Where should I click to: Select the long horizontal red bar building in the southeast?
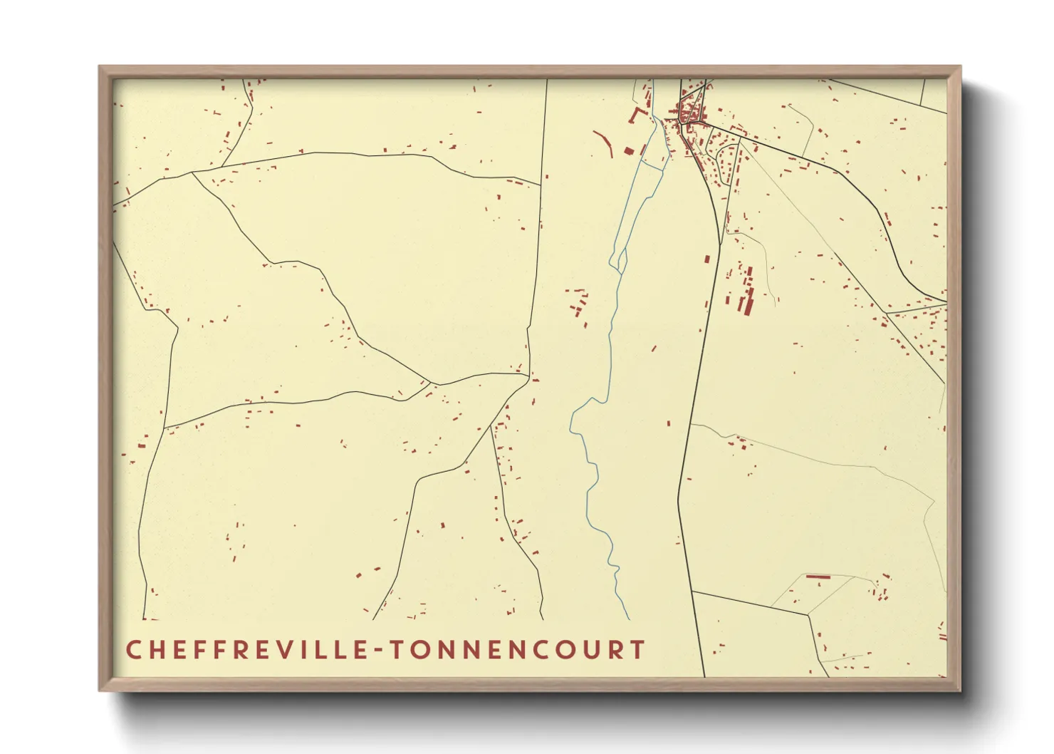pos(818,576)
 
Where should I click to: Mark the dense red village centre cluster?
pos(689,113)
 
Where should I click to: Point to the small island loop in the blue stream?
pos(620,260)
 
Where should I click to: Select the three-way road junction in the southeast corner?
pos(808,614)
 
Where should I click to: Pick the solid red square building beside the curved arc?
pos(629,150)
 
